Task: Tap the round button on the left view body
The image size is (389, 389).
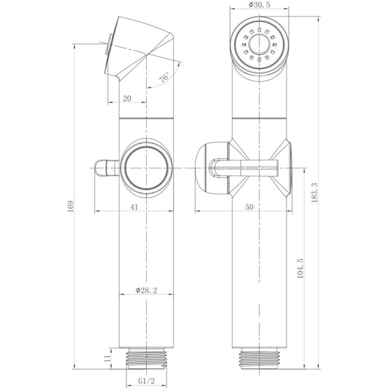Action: point(146,168)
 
